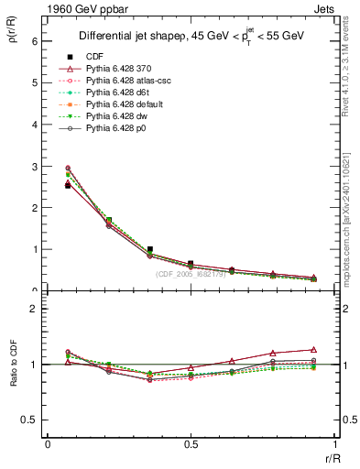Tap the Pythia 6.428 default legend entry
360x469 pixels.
129,104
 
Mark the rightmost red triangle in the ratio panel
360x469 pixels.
314,349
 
